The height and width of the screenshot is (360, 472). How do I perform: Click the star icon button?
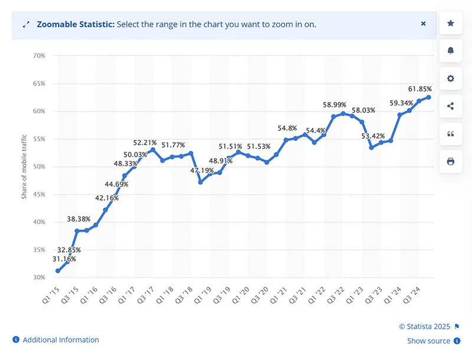tap(451, 24)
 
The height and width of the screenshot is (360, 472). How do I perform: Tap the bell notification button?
tap(451, 51)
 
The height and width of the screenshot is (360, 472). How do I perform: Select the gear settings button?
tap(451, 78)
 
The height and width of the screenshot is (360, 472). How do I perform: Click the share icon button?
tap(451, 106)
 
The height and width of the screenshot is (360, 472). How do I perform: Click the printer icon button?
tap(451, 161)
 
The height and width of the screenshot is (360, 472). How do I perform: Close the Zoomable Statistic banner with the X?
tap(423, 24)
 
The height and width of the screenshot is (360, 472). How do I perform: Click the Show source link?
tap(428, 341)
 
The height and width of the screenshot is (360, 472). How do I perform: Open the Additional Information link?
tap(60, 340)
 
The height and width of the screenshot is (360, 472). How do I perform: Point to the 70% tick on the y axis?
tap(40, 56)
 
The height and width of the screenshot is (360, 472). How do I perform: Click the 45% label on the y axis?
tap(40, 194)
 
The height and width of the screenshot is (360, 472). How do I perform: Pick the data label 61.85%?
tap(420, 89)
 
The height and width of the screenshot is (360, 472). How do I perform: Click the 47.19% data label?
tap(202, 171)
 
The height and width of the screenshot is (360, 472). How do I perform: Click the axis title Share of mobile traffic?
tap(25, 166)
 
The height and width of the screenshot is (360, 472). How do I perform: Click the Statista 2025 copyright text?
tap(424, 326)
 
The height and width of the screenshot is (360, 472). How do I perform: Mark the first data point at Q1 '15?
tap(58, 271)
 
